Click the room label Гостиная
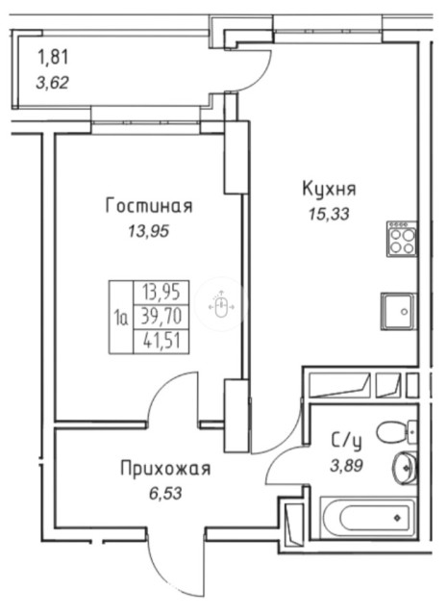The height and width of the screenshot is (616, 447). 149,206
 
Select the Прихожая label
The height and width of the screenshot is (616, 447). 164,469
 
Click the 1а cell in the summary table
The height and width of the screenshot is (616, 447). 121,315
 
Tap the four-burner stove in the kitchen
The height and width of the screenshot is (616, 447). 402,237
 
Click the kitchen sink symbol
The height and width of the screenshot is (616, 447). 397,309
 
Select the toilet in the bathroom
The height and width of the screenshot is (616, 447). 394,432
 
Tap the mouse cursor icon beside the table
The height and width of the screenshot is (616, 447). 221,307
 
